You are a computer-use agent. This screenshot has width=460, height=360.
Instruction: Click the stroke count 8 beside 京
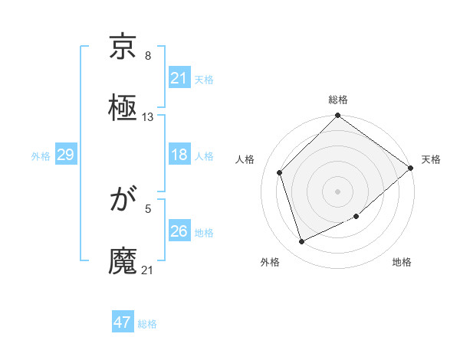coord(148,56)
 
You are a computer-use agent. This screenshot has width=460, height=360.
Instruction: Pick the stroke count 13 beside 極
coord(148,117)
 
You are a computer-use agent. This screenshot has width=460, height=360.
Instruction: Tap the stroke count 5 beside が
coord(148,208)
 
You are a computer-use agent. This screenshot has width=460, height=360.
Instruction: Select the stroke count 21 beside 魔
coord(148,270)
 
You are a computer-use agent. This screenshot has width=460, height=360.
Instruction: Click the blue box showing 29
coord(65,155)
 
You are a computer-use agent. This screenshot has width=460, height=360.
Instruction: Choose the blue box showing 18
coord(179,155)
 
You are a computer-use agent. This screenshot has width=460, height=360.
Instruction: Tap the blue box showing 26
coord(179,231)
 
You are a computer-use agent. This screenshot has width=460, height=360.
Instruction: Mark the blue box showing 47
coord(123,322)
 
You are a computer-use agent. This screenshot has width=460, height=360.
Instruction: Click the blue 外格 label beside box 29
coord(41,156)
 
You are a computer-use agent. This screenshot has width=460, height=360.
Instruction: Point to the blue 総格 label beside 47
coord(147,324)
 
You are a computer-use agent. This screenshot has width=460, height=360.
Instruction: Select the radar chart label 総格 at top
coord(338,100)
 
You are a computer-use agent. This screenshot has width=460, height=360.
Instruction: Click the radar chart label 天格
coord(431,159)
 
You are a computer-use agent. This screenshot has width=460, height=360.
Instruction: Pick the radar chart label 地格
coord(402,263)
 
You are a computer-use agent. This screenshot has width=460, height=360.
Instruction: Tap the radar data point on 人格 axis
coord(280,172)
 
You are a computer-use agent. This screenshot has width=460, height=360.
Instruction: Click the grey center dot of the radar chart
coord(337,191)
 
